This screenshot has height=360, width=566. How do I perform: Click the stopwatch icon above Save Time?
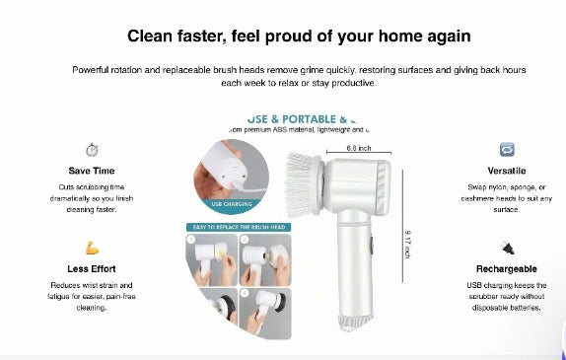[x=92, y=150]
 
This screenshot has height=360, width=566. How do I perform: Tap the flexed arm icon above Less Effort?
[x=92, y=248]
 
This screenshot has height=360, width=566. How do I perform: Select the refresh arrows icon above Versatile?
[x=507, y=150]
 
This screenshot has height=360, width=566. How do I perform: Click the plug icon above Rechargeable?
[x=507, y=248]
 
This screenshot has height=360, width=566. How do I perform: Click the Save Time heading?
[x=92, y=171]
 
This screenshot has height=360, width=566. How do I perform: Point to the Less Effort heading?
[x=92, y=267]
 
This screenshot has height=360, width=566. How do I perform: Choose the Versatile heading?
[x=507, y=171]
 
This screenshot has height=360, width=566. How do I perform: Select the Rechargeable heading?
[x=507, y=267]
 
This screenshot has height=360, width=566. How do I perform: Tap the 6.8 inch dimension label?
[x=359, y=148]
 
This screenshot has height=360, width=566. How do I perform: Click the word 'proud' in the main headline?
[x=320, y=36]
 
